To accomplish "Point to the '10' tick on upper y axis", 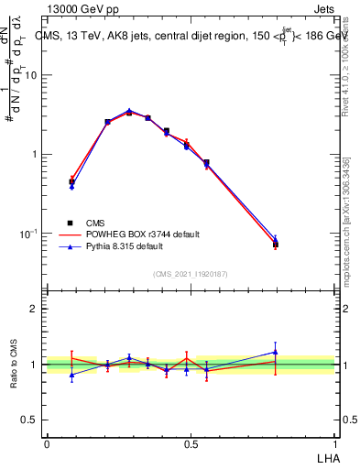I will pyautogui.click(x=32, y=75).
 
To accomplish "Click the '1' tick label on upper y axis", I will pyautogui.click(x=36, y=154).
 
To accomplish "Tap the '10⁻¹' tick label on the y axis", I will pyautogui.click(x=30, y=233).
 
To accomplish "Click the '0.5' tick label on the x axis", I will pyautogui.click(x=191, y=442).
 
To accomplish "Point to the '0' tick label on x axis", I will pyautogui.click(x=47, y=442).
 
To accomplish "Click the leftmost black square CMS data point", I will pyautogui.click(x=71, y=182).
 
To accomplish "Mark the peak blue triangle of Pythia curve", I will pyautogui.click(x=129, y=111).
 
